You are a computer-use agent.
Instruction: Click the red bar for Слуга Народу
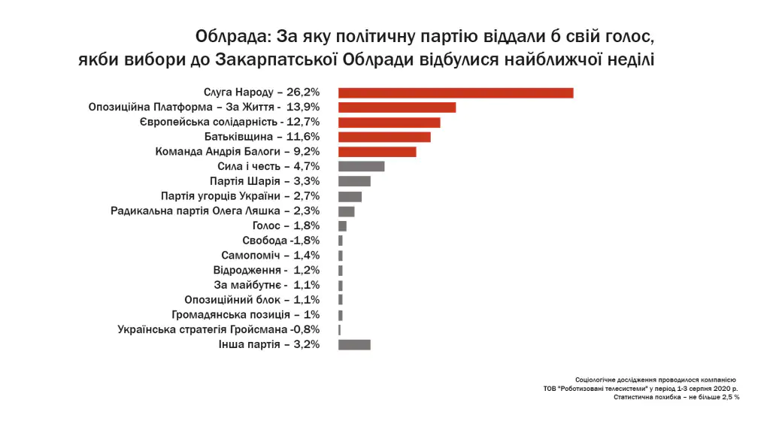(456, 92)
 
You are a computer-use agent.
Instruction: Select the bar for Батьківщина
(384, 137)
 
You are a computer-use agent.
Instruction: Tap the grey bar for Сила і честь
(361, 166)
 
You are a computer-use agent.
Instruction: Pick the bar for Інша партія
(354, 344)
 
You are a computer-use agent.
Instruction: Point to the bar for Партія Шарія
(354, 181)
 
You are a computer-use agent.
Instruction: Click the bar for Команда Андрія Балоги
(377, 152)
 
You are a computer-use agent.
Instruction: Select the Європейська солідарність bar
(389, 122)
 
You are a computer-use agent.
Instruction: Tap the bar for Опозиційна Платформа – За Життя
(397, 107)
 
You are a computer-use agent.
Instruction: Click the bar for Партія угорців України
(350, 196)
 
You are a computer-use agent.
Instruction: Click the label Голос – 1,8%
(286, 226)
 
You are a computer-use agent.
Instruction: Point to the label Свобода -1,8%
(281, 241)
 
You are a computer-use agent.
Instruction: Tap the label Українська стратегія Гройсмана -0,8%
(219, 329)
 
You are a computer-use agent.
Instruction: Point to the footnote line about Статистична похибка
(677, 397)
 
